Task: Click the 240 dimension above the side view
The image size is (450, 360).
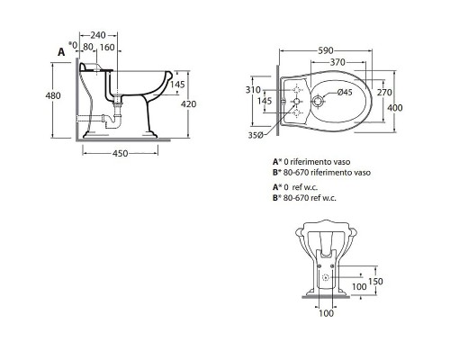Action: click(x=111, y=26)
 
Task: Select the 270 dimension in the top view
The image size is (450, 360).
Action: click(x=386, y=91)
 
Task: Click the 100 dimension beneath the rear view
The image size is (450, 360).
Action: click(x=327, y=314)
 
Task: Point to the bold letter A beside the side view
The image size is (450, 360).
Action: click(x=61, y=52)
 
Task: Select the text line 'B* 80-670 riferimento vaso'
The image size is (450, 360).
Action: click(x=321, y=173)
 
